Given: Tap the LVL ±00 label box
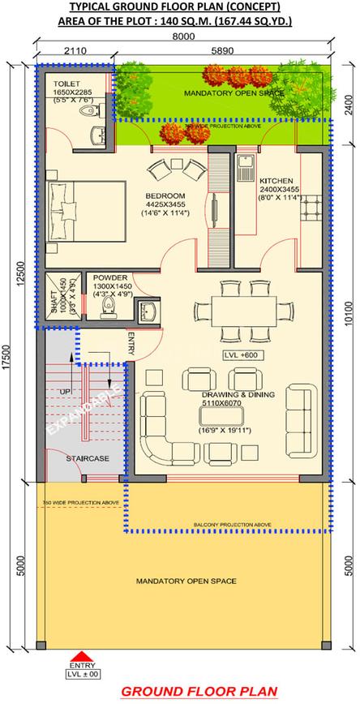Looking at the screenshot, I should (x=79, y=672).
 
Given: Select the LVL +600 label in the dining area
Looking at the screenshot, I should (x=237, y=356).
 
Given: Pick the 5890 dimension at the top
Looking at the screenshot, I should (x=223, y=49).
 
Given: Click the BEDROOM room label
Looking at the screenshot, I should (x=165, y=195).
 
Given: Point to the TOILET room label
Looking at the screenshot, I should (x=66, y=84).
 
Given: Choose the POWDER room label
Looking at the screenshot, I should (x=109, y=277).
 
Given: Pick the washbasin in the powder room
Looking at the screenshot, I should (x=147, y=311).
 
